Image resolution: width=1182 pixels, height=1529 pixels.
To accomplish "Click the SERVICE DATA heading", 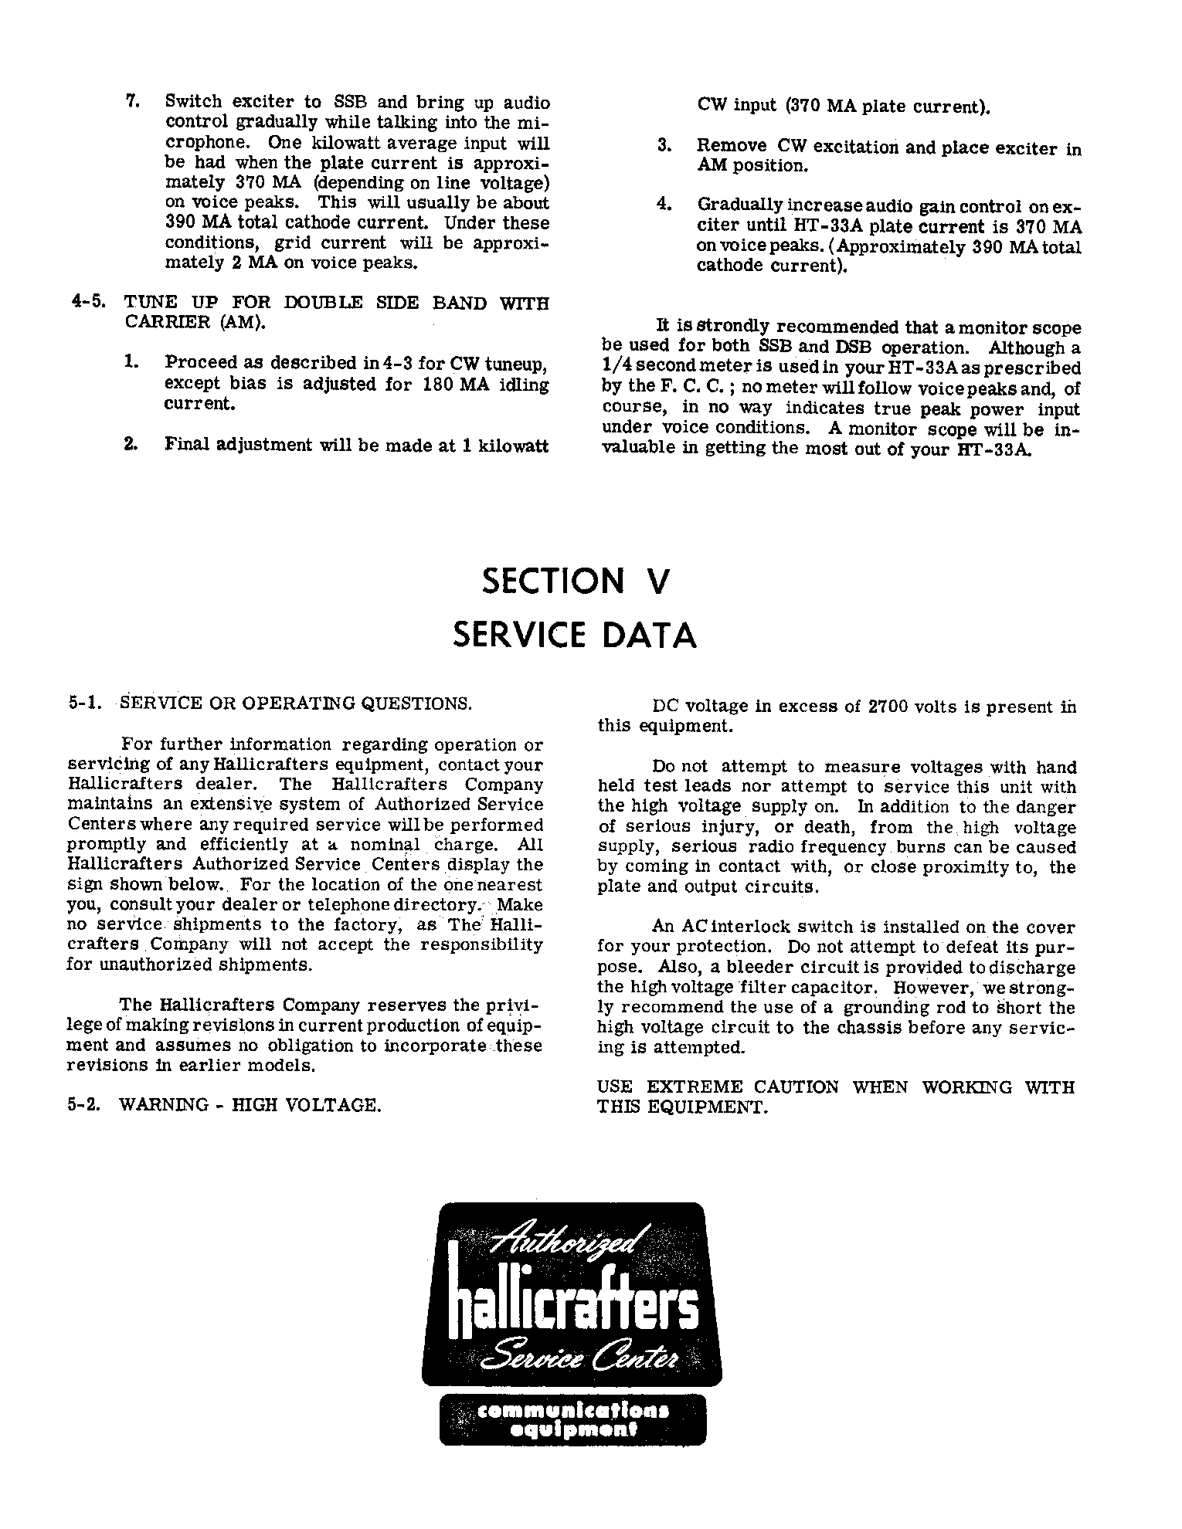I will [574, 636].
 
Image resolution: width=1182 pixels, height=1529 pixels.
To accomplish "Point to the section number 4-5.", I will [87, 303].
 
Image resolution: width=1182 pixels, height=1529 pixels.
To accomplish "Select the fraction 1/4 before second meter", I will [616, 368].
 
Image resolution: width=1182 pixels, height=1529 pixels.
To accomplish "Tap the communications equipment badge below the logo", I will [572, 1420].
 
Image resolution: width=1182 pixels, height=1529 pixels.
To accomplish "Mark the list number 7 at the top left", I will [132, 101].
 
